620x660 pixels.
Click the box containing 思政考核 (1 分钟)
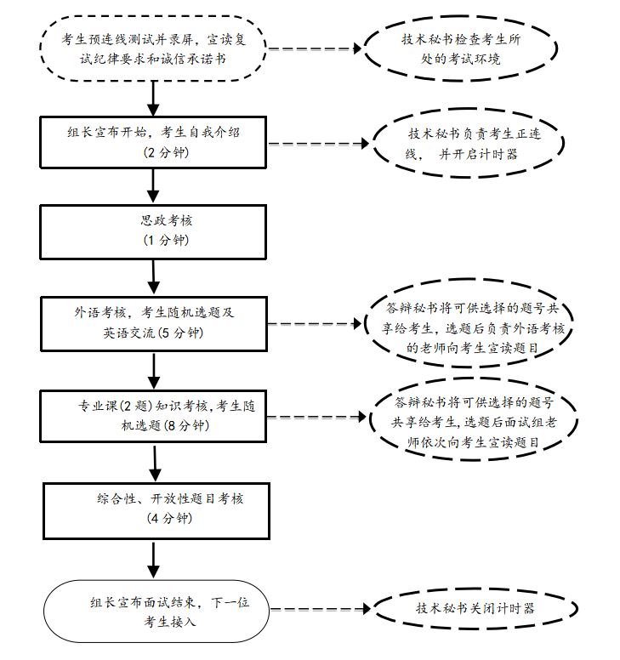(154, 229)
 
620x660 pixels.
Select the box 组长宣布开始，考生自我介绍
(154, 141)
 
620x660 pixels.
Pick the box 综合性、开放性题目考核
(154, 508)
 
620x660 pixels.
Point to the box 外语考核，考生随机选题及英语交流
(154, 322)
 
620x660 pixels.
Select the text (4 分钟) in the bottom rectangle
(170, 518)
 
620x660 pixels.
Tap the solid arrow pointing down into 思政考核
(154, 184)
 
